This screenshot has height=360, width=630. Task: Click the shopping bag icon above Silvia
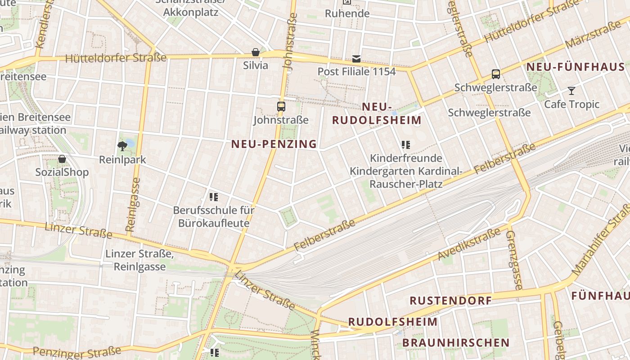point(256,53)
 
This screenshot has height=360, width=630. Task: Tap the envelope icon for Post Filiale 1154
point(356,59)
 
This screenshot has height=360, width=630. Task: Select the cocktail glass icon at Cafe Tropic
point(571,91)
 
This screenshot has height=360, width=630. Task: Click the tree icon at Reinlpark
point(121,145)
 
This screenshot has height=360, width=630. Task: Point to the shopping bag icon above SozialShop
point(62,159)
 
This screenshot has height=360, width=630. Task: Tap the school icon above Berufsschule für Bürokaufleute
point(214,197)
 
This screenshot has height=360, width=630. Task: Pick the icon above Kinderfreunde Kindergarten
point(406,145)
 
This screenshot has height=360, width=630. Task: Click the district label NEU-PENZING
point(274,144)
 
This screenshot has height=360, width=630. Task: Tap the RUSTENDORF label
point(450,300)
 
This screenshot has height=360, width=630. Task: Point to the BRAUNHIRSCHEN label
point(456,343)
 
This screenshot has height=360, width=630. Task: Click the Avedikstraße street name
point(469,244)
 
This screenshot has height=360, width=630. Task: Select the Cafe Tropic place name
point(571,104)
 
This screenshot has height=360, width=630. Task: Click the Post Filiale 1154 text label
point(356,72)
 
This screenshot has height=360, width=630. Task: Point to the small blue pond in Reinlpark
point(130,143)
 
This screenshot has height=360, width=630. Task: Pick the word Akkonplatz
point(191,12)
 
